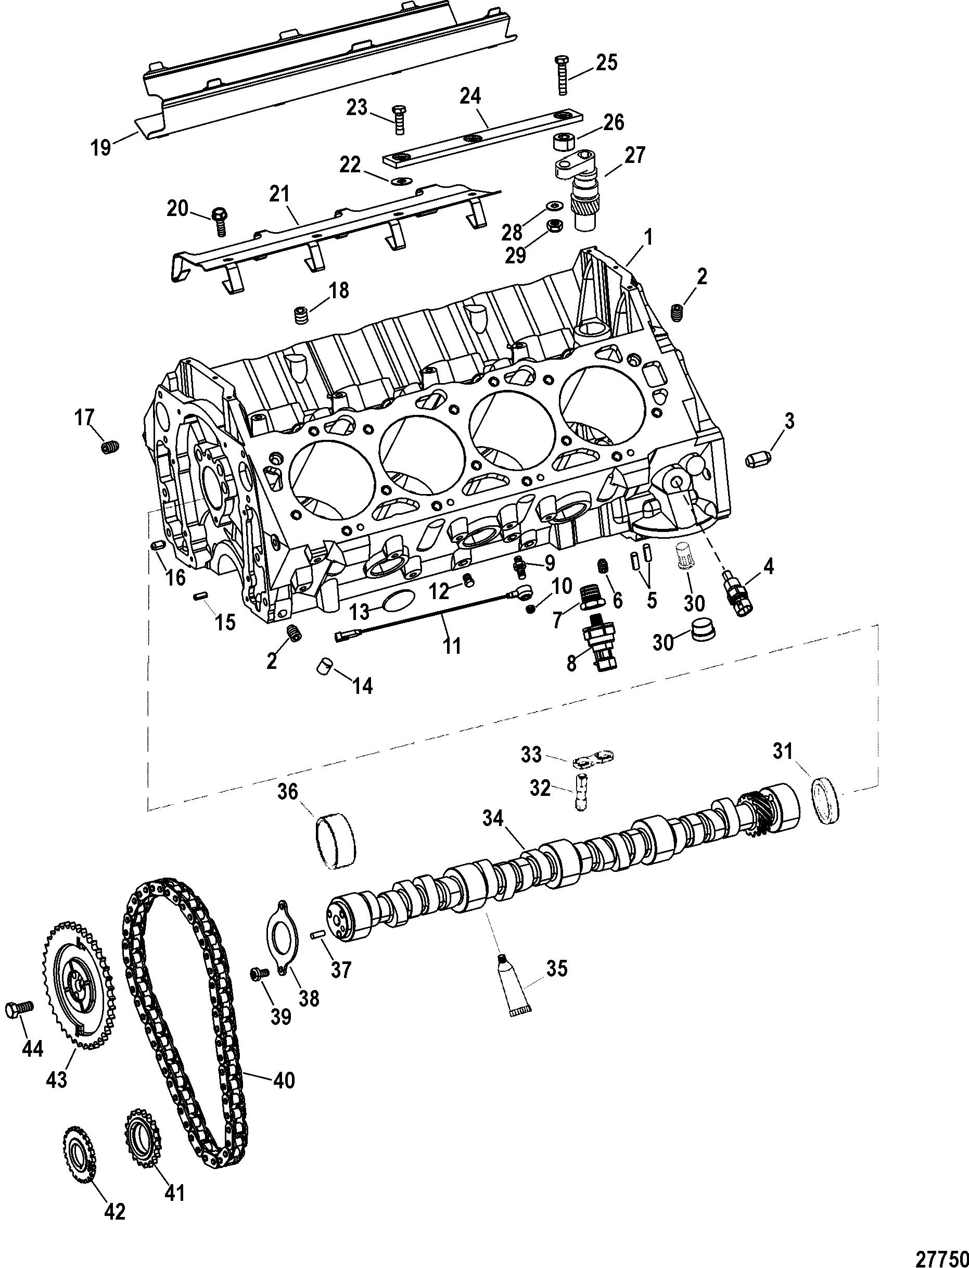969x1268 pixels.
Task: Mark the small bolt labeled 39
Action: click(x=257, y=973)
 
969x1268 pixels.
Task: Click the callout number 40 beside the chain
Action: click(x=284, y=1080)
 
